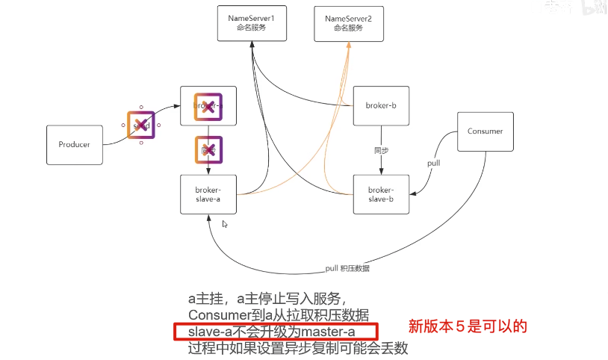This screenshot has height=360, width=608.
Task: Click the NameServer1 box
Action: click(247, 22)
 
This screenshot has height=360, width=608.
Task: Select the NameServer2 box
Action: click(349, 22)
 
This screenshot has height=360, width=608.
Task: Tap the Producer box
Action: click(74, 144)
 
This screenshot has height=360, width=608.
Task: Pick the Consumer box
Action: click(485, 131)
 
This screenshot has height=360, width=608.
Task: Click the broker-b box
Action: click(381, 106)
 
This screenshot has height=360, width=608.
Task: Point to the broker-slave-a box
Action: click(208, 194)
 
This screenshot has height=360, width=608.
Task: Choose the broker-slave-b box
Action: click(381, 194)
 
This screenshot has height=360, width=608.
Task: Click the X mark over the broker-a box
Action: click(209, 106)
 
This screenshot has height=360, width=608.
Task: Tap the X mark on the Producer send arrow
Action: click(141, 125)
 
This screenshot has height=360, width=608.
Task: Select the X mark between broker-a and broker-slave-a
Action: click(209, 150)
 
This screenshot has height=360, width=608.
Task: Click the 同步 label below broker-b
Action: click(381, 150)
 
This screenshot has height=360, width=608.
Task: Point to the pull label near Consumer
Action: click(433, 163)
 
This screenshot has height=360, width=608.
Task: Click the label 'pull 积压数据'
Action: click(347, 268)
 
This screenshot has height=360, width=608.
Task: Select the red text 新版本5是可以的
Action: click(468, 326)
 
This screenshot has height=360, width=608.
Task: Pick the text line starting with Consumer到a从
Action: click(279, 314)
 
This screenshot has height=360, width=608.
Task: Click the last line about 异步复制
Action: click(298, 348)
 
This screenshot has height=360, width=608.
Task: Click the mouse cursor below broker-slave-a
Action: click(225, 224)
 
